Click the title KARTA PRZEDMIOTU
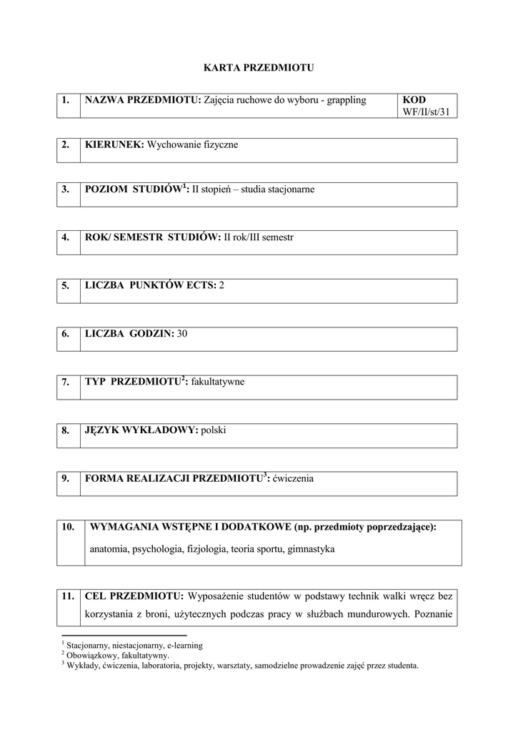pos(259,68)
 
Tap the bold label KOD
pos(414,100)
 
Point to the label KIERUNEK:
pos(114,144)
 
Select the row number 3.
pos(65,189)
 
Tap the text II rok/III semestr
pos(259,237)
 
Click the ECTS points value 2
pos(221,285)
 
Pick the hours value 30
pos(182,334)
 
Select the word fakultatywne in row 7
pos(218,382)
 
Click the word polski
pos(214,430)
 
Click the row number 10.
pos(68,527)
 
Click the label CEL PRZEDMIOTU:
pos(134,595)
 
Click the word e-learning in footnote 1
pos(184,645)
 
